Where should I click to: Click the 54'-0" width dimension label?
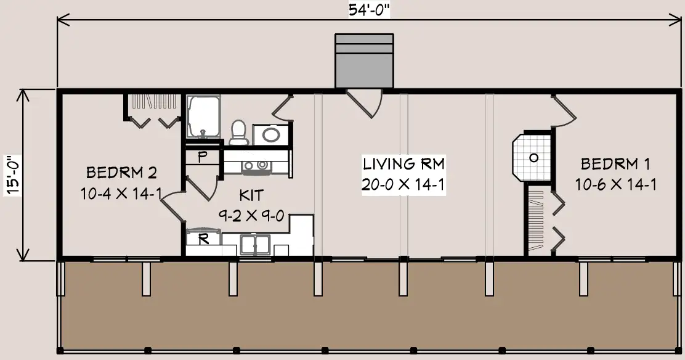click(x=369, y=10)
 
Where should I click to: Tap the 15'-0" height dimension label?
click(x=13, y=174)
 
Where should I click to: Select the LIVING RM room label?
click(x=404, y=164)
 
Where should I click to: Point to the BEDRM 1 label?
click(x=615, y=164)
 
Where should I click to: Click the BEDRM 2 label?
click(x=121, y=173)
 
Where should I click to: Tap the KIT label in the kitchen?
click(x=251, y=195)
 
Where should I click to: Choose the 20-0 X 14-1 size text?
click(x=403, y=184)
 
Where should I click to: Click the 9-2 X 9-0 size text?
click(x=251, y=216)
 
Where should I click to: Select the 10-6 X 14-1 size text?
click(x=615, y=184)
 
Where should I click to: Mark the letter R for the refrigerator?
click(x=203, y=239)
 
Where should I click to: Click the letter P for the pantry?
click(x=202, y=157)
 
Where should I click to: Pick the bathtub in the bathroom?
click(x=203, y=117)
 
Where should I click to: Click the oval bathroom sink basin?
click(x=271, y=134)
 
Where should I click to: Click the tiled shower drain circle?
click(x=533, y=157)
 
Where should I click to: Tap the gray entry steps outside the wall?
click(x=364, y=61)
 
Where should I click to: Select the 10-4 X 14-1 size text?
click(x=121, y=194)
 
